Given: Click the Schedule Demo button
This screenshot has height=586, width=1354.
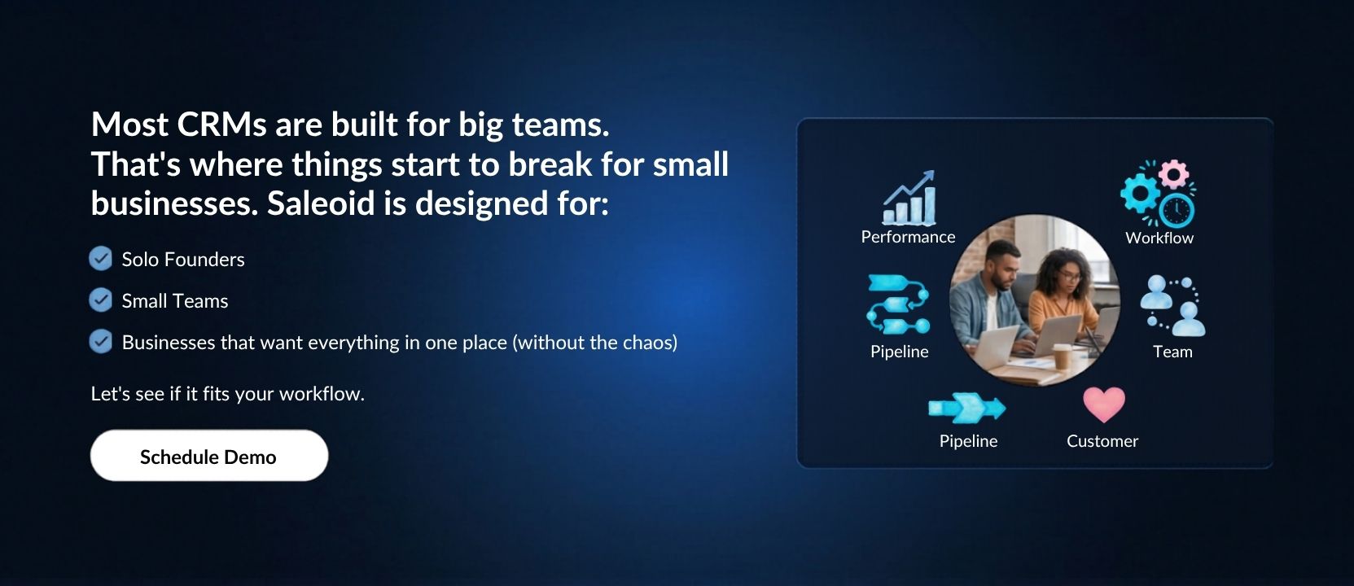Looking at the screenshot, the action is coord(209,456).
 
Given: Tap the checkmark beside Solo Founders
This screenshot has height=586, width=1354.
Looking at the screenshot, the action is coord(100,259).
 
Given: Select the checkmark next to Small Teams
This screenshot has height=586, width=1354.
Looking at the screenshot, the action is coord(100,300).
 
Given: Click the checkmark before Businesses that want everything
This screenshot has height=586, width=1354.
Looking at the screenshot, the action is coord(100,341).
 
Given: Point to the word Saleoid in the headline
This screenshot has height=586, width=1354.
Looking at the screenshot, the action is coord(322,203).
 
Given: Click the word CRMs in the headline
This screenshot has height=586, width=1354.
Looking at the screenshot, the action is coord(221,125).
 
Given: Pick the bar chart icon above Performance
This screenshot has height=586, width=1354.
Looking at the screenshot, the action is coord(909,198).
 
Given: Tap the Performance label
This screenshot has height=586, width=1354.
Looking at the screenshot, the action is coord(908,237).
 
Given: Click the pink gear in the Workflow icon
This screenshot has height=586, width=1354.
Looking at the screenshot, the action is coord(1174,174).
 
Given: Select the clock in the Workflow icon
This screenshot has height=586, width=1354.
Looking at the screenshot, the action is coord(1177,211).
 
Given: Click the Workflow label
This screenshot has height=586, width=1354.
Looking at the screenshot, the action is coord(1159,238).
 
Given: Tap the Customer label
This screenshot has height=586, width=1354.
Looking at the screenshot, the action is coord(1102,441).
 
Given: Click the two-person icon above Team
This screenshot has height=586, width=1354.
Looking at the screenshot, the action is coord(1172,306).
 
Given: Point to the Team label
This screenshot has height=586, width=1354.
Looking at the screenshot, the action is coord(1172,352).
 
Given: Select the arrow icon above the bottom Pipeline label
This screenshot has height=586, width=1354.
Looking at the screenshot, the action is coord(967,408).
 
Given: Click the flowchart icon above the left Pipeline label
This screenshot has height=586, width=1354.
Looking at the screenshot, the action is coord(898,304).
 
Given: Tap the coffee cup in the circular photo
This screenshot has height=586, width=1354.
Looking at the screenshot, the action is coord(1062,356).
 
